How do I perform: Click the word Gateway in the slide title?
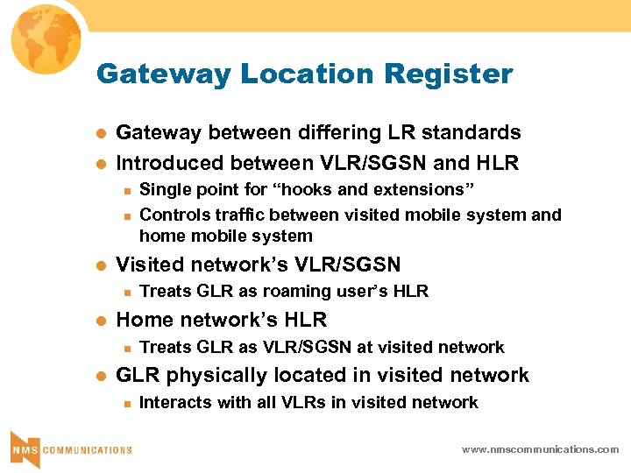(x=149, y=74)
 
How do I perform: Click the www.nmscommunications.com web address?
(x=540, y=449)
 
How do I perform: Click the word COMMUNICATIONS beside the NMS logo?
(x=87, y=450)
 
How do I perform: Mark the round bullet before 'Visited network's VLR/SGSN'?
(x=100, y=265)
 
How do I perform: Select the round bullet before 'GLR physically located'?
(x=100, y=377)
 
